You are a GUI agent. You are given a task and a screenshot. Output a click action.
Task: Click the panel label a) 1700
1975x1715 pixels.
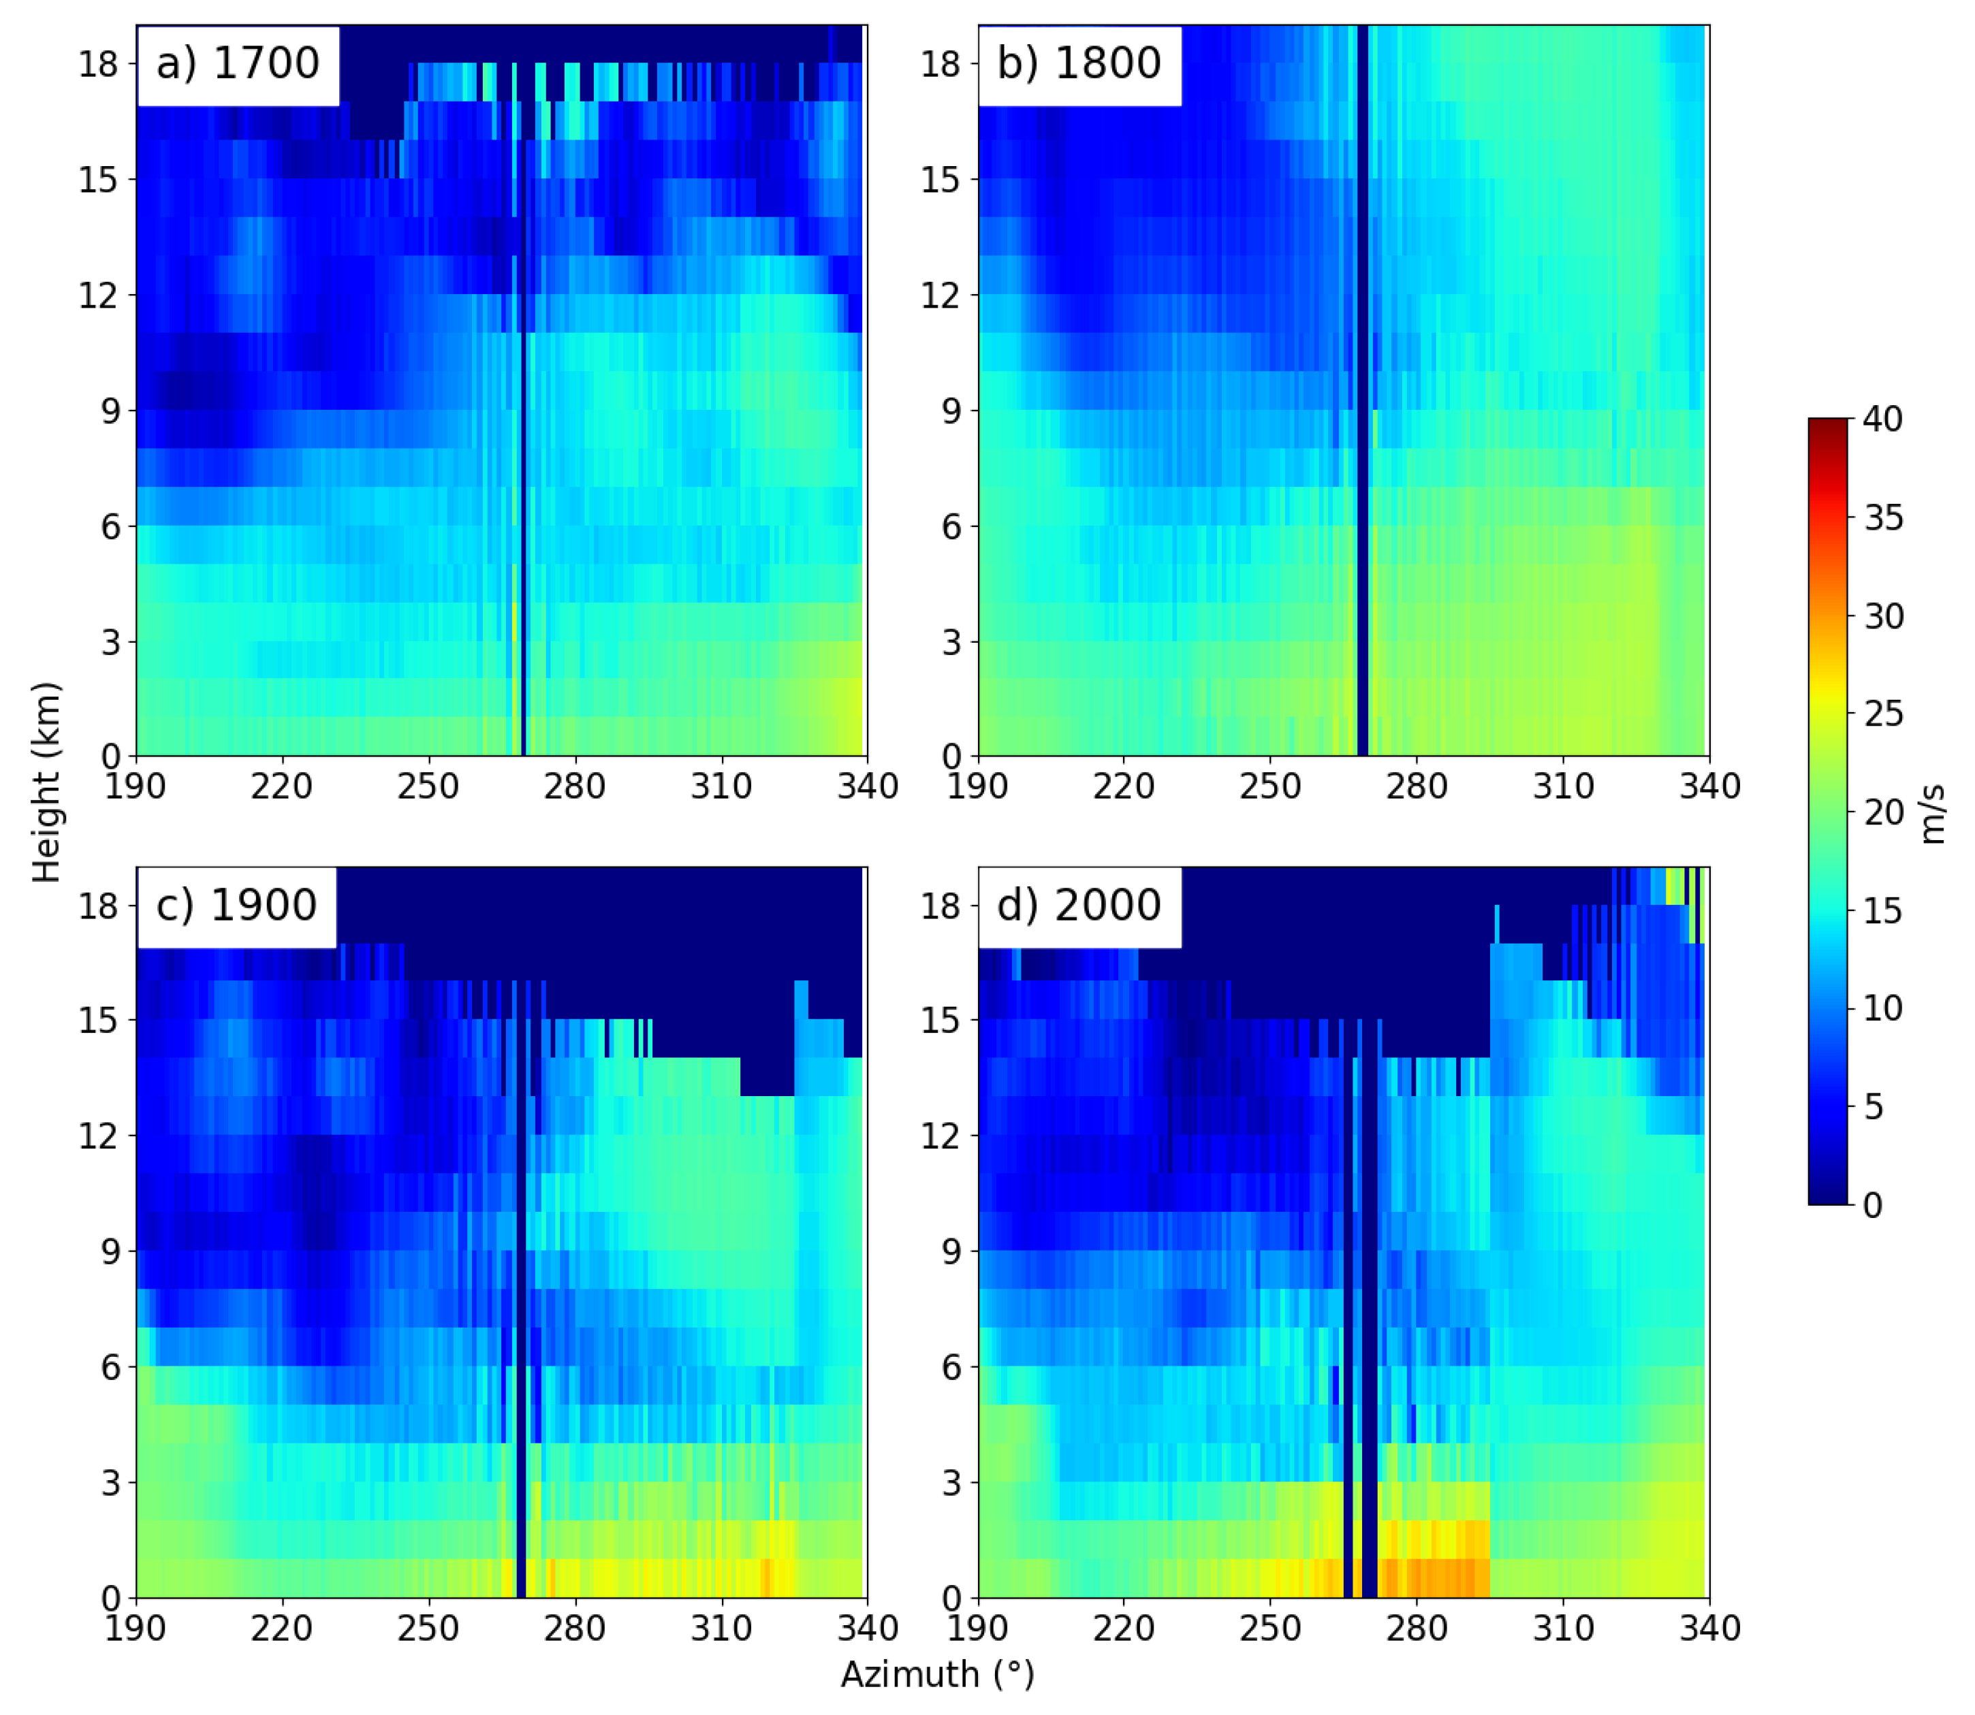(238, 64)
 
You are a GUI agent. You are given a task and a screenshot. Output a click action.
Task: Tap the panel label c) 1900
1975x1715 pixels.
(236, 905)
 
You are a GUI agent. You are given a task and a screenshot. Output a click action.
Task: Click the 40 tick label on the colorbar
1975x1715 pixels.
(1883, 419)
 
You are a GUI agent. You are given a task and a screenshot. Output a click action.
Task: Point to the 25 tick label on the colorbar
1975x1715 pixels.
(1883, 714)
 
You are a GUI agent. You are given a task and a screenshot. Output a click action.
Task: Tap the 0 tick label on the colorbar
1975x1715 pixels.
(1874, 1205)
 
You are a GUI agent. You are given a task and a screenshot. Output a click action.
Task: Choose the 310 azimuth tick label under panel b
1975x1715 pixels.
(1564, 786)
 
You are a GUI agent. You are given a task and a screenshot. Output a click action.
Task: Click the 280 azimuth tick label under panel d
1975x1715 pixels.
(1417, 1628)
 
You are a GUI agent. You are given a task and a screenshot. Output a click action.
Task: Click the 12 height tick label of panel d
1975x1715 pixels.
(941, 1136)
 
